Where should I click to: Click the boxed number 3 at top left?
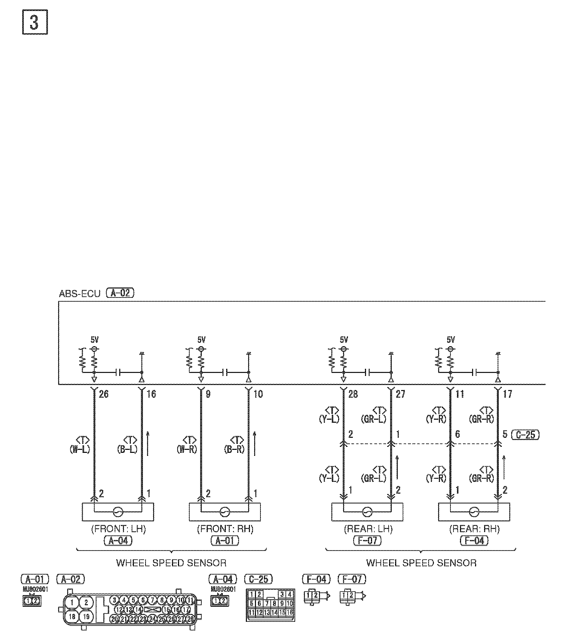coord(35,23)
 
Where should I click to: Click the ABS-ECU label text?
coord(79,293)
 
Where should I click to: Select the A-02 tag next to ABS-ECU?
coord(120,293)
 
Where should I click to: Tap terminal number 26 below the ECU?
coord(103,394)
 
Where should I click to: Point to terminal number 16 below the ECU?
coord(151,394)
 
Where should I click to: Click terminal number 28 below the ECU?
coord(353,394)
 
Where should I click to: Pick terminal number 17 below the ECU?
coord(507,394)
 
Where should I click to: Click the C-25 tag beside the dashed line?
coord(525,435)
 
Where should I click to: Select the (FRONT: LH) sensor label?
coord(118,529)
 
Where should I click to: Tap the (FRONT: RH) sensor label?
coord(225,529)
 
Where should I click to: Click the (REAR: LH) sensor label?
coord(368,529)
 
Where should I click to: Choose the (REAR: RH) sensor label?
coord(474,529)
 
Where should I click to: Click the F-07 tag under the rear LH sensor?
coord(367,540)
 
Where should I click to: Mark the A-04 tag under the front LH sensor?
coord(118,540)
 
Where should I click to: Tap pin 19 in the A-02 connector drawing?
coord(86,617)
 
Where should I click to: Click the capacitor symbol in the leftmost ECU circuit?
coord(118,373)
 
